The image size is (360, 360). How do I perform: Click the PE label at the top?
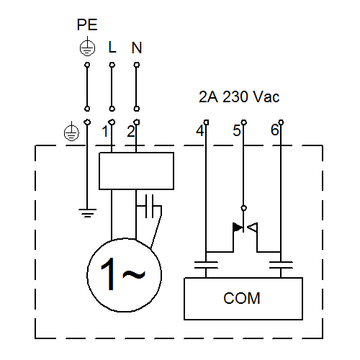click(87, 24)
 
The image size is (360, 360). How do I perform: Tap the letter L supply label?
click(112, 47)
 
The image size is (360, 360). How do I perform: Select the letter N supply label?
click(137, 48)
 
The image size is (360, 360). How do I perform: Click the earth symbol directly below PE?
click(87, 47)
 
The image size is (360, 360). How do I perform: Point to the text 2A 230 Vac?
click(239, 97)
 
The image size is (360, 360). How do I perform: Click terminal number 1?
click(104, 132)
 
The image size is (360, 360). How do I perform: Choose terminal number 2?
click(131, 132)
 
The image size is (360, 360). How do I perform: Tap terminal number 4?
click(200, 131)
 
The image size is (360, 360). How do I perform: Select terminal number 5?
click(237, 131)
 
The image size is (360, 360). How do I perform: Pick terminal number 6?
click(274, 130)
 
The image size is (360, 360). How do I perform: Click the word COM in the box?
click(242, 298)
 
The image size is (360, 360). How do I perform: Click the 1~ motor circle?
click(87, 275)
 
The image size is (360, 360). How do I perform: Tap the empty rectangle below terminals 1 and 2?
click(137, 171)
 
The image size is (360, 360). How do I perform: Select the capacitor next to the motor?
click(149, 206)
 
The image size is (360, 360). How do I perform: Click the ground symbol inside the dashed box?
click(87, 213)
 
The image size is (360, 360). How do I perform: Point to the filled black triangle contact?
click(238, 228)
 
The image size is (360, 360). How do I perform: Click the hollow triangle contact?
click(253, 228)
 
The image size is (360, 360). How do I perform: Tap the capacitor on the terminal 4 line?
click(206, 265)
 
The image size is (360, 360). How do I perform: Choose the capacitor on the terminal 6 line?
click(281, 265)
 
